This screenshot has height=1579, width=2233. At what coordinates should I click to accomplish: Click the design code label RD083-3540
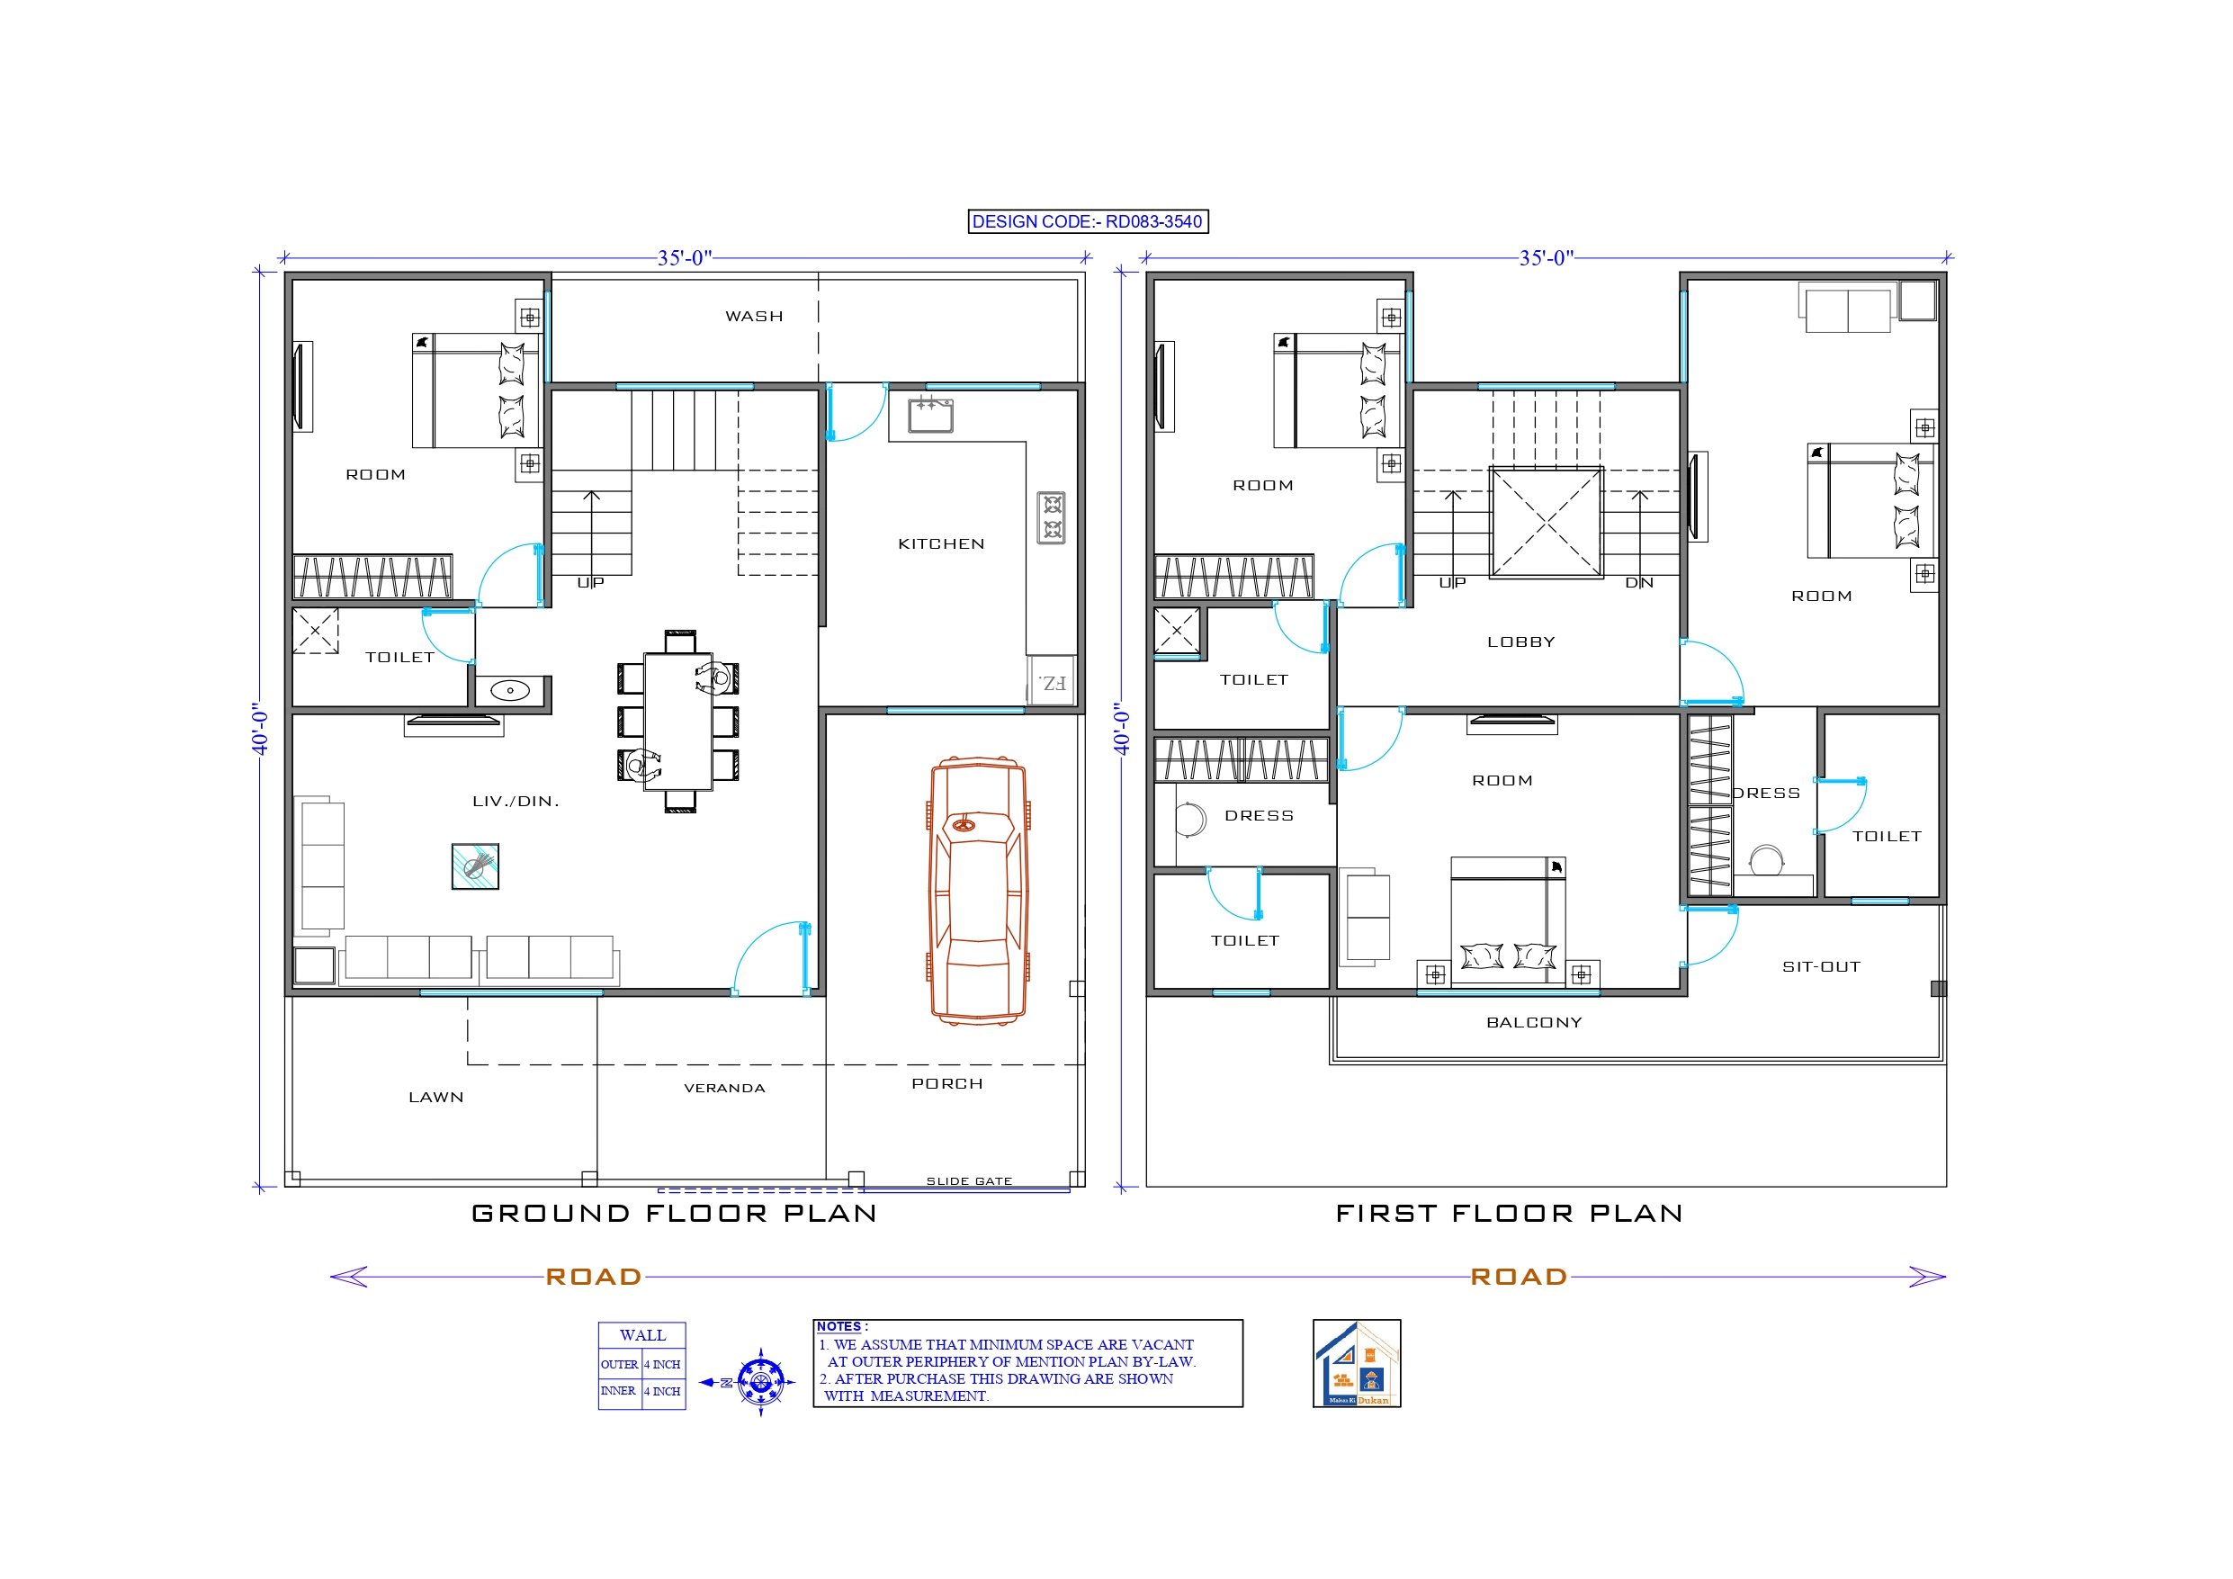1088,222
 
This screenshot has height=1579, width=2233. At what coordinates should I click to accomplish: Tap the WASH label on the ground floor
754,316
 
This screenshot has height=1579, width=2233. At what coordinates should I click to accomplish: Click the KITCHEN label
940,543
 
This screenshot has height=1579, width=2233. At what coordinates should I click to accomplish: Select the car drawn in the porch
977,890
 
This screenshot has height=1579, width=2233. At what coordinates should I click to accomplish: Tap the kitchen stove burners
1052,516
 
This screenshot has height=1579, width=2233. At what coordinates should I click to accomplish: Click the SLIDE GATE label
969,1181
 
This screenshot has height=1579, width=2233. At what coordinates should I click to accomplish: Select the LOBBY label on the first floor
1521,642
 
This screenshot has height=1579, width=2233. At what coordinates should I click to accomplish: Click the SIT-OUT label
1821,967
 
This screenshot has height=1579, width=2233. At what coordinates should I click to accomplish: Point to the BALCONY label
1534,1022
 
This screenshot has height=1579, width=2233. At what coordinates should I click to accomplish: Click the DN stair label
1639,583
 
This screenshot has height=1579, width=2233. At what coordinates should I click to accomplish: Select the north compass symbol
759,1381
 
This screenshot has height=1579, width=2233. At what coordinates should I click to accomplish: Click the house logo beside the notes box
1357,1363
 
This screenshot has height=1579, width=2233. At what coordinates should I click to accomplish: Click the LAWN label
435,1098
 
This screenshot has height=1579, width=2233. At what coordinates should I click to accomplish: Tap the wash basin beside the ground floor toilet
509,691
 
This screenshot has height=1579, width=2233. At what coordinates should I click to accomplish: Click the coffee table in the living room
476,866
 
